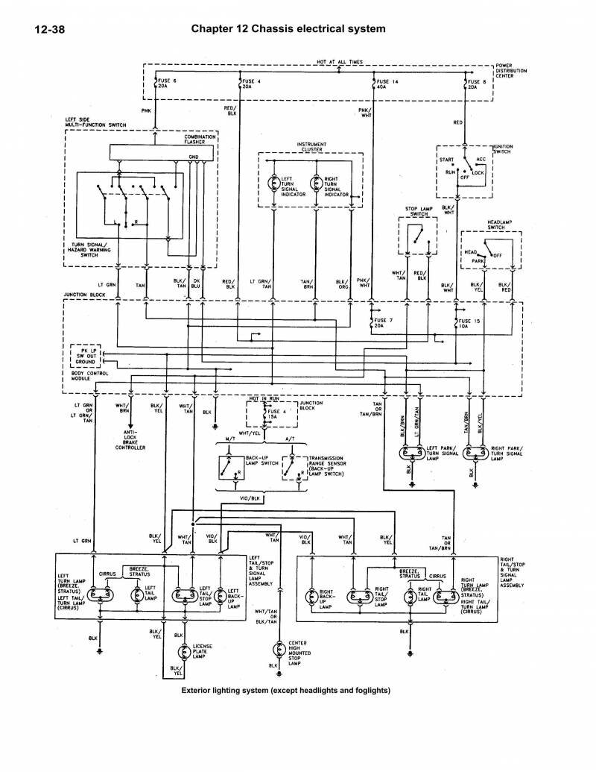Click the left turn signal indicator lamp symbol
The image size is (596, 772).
(x=273, y=185)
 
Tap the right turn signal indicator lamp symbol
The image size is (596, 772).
(x=316, y=185)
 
